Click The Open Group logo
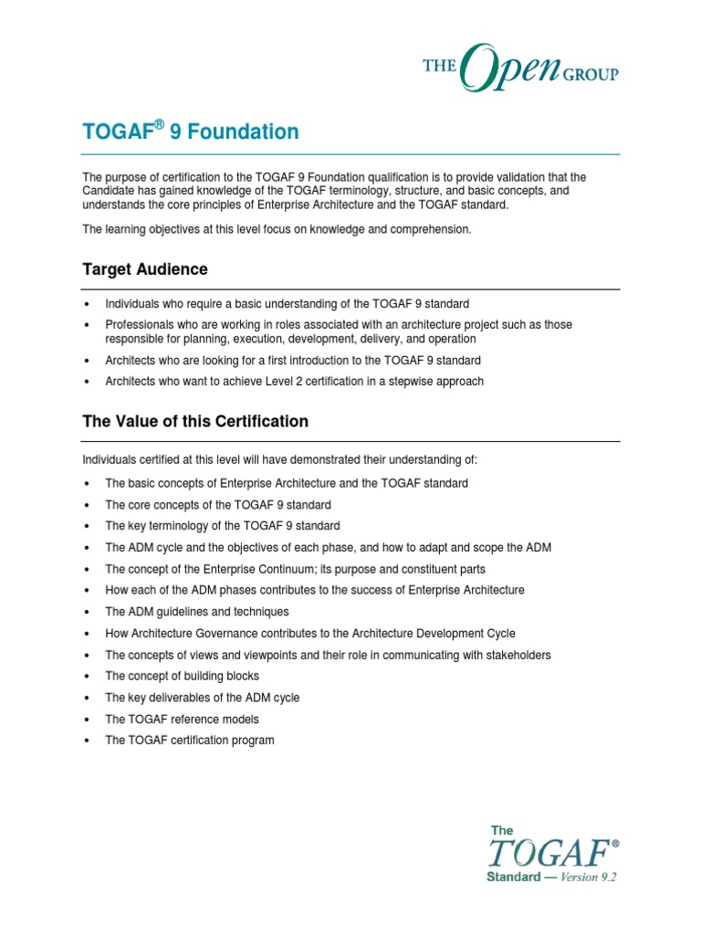pos(519,67)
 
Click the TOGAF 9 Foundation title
pos(191,132)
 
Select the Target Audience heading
pos(145,269)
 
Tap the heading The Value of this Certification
pos(195,422)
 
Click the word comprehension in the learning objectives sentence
pos(434,229)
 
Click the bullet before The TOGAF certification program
pos(86,741)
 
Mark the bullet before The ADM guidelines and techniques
pos(86,612)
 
